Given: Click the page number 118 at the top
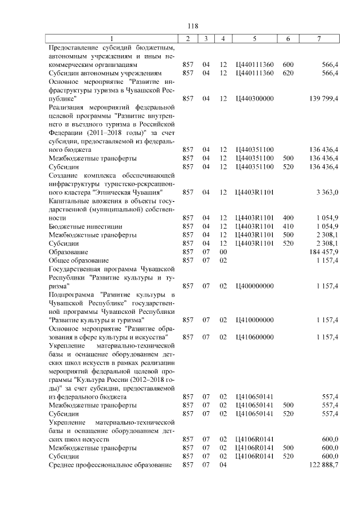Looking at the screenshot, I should pos(192,26).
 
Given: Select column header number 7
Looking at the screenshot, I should pos(319,38).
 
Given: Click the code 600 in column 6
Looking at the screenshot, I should pos(288,65).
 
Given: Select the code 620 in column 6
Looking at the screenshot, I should pos(288,73).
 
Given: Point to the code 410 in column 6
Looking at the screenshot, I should pos(288,226).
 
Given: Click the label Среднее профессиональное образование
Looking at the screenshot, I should pos(110,465).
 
